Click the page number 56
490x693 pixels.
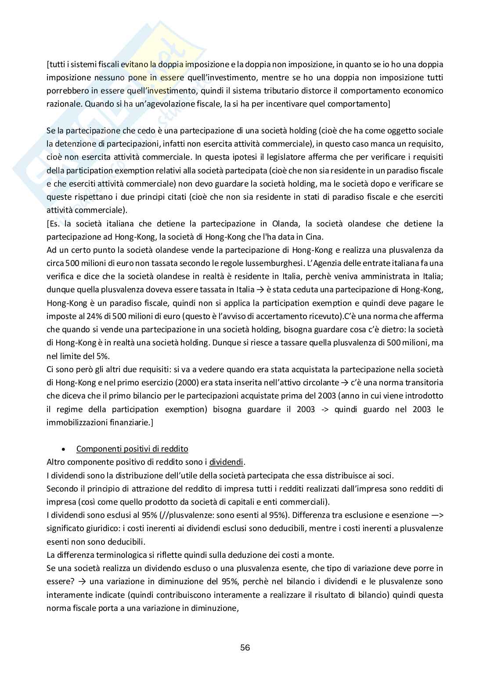[x=245, y=647]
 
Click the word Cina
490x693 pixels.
[x=315, y=237]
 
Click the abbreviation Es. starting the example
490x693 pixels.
[x=54, y=224]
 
